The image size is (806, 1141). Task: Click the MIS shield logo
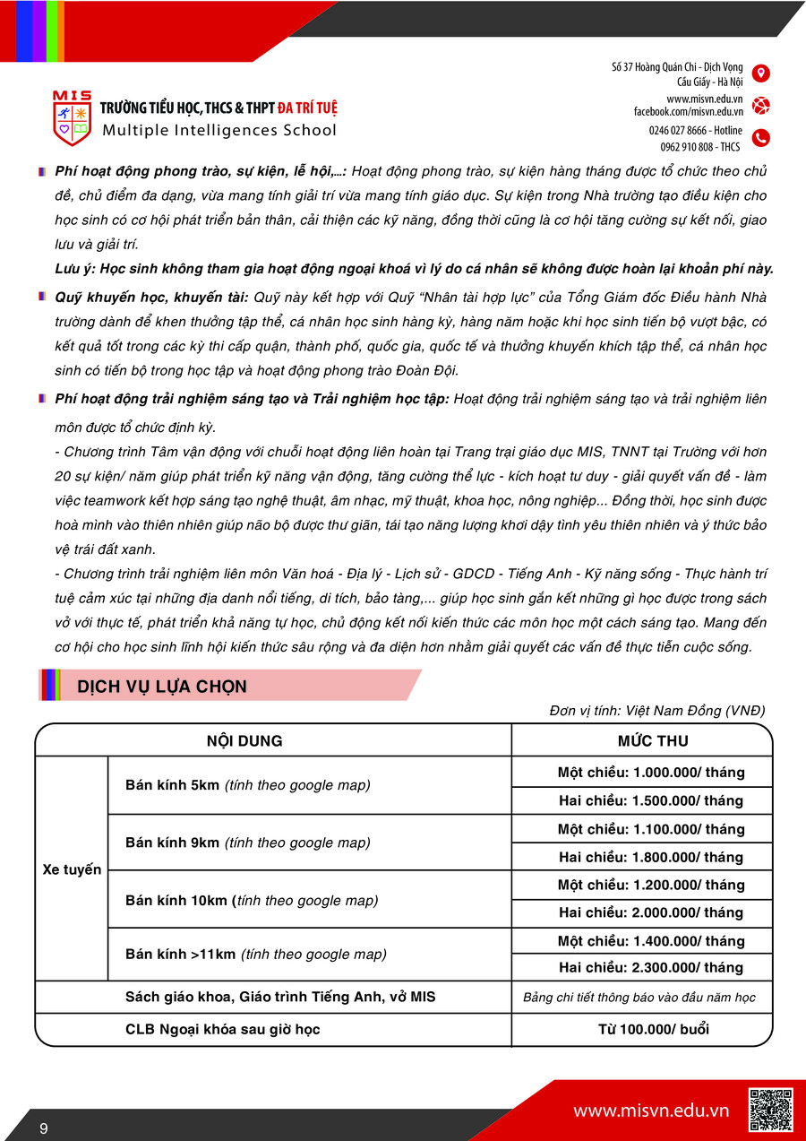click(72, 118)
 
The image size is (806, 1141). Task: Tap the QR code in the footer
click(770, 1110)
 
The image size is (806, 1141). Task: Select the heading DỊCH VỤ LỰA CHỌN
click(162, 687)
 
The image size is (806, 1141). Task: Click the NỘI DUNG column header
click(244, 740)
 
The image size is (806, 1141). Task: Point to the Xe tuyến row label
click(72, 869)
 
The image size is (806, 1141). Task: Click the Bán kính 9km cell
click(247, 843)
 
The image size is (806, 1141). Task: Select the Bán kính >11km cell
click(256, 955)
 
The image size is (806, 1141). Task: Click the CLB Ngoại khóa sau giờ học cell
click(223, 1029)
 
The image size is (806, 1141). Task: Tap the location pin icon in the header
click(760, 73)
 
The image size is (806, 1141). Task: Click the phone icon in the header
click(760, 138)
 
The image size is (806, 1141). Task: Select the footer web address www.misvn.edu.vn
click(651, 1111)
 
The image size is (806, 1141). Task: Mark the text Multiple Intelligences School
click(219, 130)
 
